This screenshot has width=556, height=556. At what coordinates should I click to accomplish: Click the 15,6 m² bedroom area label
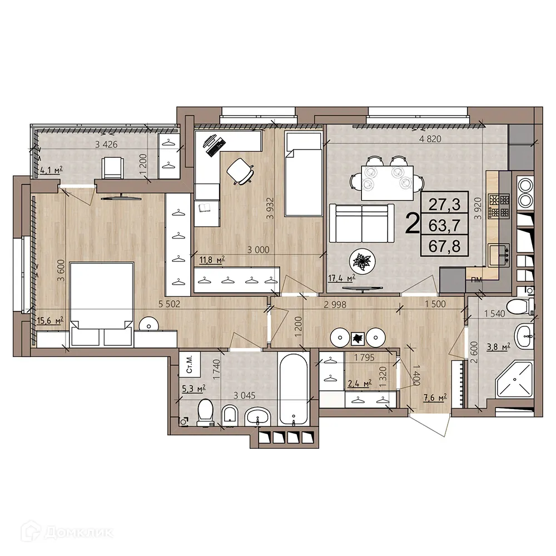coord(49,320)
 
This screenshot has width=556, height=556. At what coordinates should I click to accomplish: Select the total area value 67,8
coord(445,245)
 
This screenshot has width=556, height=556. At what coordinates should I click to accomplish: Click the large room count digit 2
coord(413,225)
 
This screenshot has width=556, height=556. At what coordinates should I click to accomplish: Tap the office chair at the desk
coord(241,170)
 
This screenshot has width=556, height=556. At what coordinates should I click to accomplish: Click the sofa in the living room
coord(362,222)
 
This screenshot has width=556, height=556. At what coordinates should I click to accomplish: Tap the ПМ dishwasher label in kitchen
coord(476,279)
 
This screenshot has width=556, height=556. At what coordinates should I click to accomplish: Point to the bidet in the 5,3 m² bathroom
coord(229,414)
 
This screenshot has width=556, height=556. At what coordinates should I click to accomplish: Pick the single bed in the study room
coord(302,173)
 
